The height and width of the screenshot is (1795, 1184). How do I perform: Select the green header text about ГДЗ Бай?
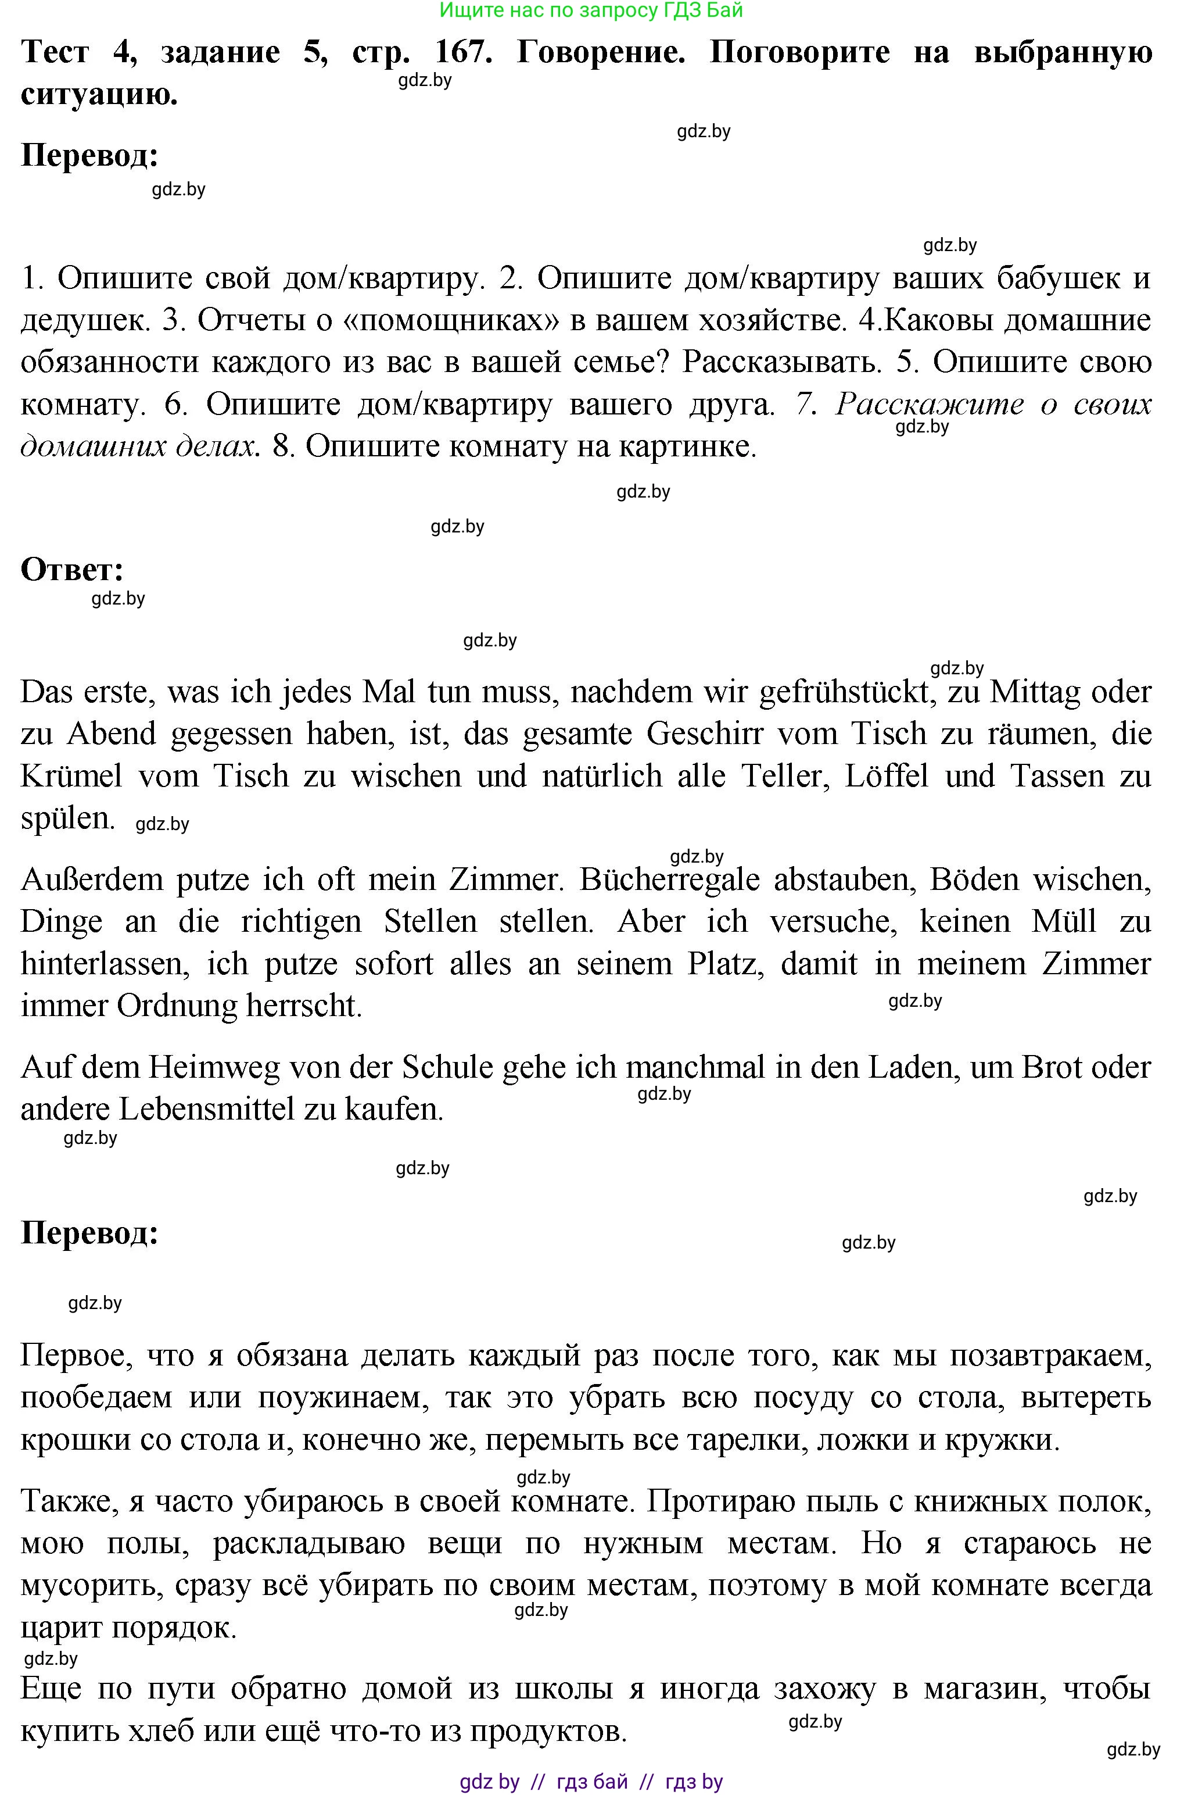(x=591, y=10)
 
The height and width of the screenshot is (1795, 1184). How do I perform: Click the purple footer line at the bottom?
(x=591, y=1782)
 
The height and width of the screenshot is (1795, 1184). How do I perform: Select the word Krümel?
(x=71, y=776)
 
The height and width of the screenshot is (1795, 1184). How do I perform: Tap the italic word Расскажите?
(x=929, y=404)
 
